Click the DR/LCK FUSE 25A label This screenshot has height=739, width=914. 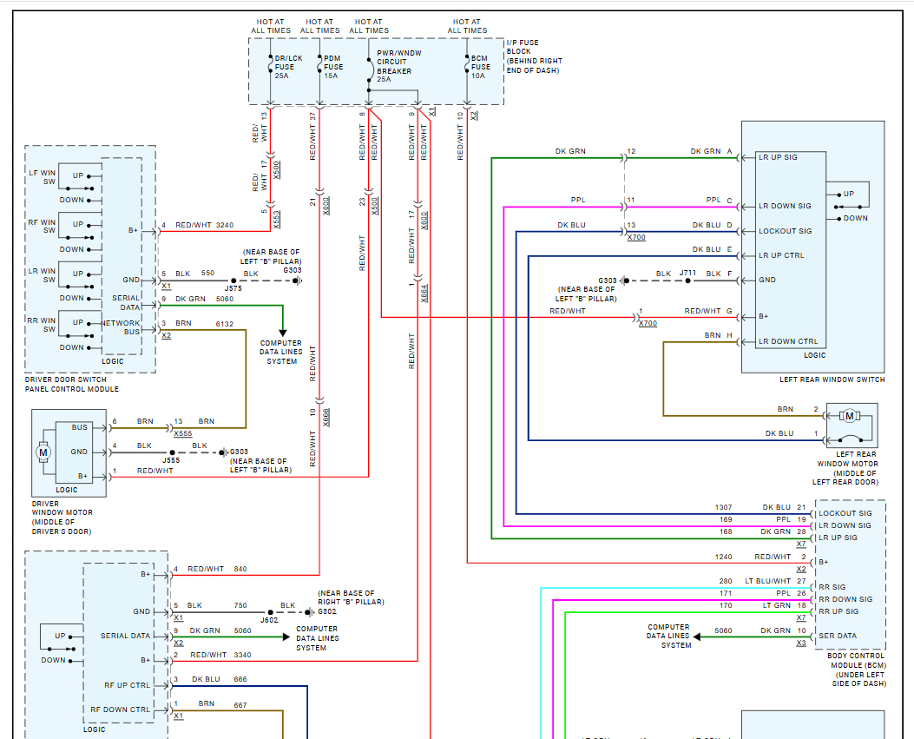click(288, 67)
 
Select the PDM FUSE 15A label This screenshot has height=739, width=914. click(333, 67)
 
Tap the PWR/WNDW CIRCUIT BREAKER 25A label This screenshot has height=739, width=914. click(398, 66)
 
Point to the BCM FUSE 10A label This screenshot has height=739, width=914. click(480, 67)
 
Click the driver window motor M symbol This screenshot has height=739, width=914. click(43, 452)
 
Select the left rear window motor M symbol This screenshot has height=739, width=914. click(849, 416)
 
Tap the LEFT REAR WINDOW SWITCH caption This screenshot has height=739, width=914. click(832, 379)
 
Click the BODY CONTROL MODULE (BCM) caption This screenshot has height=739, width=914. click(858, 660)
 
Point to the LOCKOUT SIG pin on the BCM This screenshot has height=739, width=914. click(845, 513)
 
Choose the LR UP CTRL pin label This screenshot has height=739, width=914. click(781, 255)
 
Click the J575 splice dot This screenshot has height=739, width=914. click(233, 280)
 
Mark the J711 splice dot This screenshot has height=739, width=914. click(687, 280)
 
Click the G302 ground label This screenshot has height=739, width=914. click(327, 612)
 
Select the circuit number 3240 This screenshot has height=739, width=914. click(225, 225)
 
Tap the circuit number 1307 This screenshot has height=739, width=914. click(723, 507)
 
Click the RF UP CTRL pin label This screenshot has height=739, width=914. click(127, 685)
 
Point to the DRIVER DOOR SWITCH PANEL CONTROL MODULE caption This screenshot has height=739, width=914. click(72, 385)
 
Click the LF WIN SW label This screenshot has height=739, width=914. click(42, 177)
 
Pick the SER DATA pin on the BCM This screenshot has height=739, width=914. click(838, 636)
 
